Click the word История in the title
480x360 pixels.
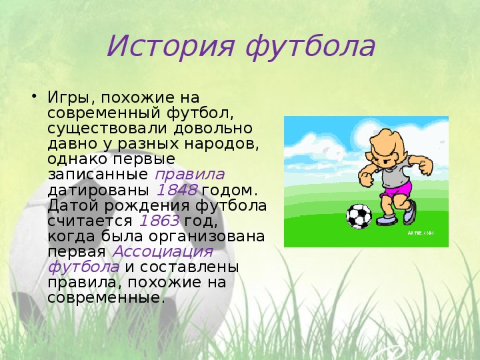pos(171,46)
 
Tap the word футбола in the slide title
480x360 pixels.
pos(310,47)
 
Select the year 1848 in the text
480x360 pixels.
pos(177,190)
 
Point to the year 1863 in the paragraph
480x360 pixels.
pos(159,221)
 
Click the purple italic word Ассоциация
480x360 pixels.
pos(163,251)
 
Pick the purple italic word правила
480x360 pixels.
pos(190,175)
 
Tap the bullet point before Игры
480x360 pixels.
pos(34,97)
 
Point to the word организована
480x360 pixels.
pos(207,237)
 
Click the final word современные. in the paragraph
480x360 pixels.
pos(104,297)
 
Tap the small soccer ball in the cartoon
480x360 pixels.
pos(359,216)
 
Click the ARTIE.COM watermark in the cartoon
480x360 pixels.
pos(420,233)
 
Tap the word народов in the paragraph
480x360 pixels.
pos(221,144)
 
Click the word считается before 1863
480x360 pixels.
pos(90,221)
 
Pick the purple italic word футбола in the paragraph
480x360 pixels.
pos(83,267)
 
